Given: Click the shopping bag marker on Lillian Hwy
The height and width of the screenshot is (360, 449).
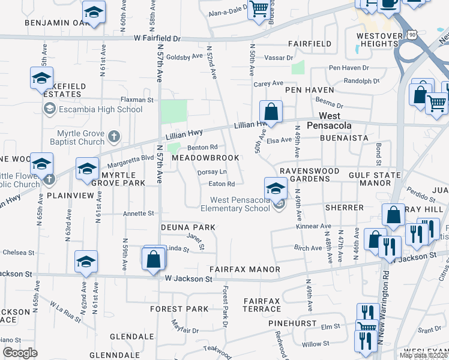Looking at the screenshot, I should click(271, 112).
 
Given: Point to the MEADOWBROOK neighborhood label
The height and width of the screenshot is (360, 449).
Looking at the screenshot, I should click(205, 158).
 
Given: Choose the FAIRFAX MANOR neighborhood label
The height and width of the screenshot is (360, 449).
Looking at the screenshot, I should click(244, 270).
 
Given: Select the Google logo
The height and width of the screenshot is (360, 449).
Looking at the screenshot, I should click(20, 353).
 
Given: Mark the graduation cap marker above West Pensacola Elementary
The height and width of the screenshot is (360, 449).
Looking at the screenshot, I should click(276, 188).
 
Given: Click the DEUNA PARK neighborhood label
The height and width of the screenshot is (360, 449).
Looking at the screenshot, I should click(188, 228).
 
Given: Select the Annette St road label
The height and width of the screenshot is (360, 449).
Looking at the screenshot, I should click(139, 213).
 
